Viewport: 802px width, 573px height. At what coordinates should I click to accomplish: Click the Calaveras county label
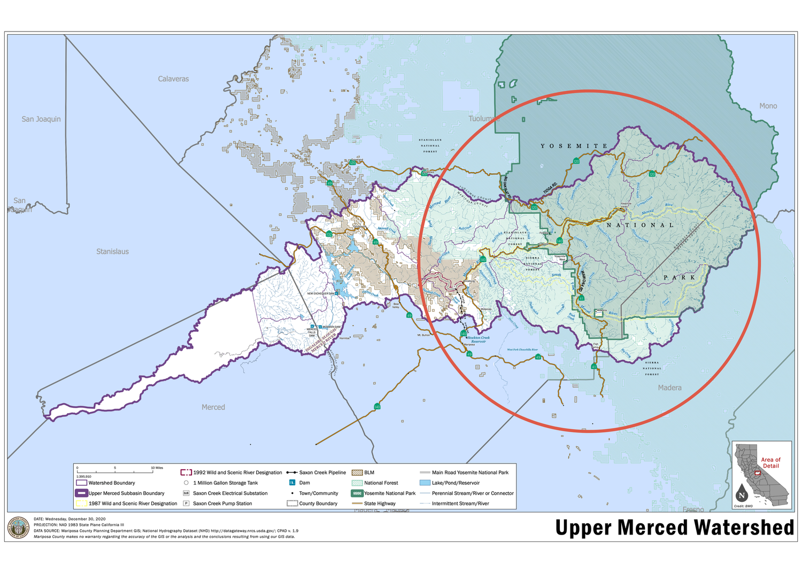click(173, 79)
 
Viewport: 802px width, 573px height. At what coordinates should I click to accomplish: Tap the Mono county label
click(768, 106)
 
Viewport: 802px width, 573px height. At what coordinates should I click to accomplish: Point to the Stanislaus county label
click(112, 251)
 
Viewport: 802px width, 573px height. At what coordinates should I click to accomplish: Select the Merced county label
click(213, 407)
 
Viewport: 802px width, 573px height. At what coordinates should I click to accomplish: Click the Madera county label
click(669, 388)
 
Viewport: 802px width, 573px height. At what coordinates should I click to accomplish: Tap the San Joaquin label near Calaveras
click(41, 119)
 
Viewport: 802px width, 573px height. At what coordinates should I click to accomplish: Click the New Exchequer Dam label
click(320, 293)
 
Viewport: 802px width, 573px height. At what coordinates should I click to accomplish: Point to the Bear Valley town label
click(396, 306)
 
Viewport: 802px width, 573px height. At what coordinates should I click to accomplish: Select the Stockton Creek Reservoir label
click(478, 339)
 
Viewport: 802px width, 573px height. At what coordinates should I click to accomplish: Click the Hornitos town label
click(344, 338)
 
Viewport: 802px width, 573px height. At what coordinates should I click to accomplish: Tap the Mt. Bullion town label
click(423, 335)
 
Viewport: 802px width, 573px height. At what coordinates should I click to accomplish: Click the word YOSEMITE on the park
click(574, 146)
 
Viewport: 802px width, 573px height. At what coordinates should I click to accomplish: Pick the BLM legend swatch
click(357, 473)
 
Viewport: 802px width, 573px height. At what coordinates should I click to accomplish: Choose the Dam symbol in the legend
click(292, 483)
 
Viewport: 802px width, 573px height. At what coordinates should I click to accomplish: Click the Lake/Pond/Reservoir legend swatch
click(425, 483)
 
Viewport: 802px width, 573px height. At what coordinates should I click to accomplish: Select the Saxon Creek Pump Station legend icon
click(186, 504)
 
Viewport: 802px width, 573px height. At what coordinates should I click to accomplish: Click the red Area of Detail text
click(770, 463)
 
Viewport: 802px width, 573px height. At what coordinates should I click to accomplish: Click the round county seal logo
click(19, 528)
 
